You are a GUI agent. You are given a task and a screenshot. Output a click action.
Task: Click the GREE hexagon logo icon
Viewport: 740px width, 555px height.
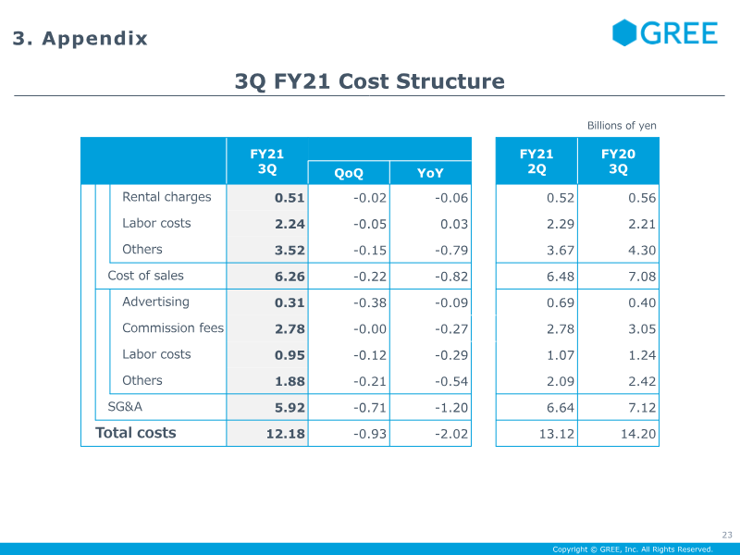tap(624, 32)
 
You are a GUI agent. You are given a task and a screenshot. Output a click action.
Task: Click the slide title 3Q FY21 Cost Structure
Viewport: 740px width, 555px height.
tap(369, 81)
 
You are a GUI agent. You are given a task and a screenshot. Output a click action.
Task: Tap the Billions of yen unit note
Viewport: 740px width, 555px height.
tap(622, 126)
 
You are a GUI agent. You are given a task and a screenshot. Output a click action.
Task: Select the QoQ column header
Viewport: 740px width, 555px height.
tap(349, 173)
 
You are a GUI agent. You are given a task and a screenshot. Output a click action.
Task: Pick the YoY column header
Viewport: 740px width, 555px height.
tap(430, 173)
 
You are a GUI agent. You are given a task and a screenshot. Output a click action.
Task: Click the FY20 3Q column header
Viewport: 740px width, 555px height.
tap(618, 161)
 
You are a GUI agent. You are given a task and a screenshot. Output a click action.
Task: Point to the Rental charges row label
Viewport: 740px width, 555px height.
tap(166, 197)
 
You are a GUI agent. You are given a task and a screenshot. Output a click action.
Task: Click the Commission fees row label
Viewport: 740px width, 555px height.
tap(173, 327)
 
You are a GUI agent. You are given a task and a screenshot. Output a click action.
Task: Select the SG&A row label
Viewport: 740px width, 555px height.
tap(125, 406)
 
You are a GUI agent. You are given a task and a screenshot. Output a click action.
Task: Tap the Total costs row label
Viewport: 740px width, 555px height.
tap(135, 433)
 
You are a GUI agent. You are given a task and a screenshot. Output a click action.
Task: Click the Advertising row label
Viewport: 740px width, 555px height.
tap(155, 302)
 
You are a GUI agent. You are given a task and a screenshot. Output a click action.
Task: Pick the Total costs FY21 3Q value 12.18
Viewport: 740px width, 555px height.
tap(286, 434)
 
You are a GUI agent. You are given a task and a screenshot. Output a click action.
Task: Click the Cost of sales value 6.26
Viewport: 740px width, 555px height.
tap(290, 277)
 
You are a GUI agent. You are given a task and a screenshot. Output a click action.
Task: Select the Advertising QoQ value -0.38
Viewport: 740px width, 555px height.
tap(370, 302)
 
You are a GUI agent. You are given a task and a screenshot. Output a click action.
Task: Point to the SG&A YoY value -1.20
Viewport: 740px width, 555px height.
tap(451, 408)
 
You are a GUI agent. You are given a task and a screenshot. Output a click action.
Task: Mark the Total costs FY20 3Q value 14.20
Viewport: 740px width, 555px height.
tap(638, 434)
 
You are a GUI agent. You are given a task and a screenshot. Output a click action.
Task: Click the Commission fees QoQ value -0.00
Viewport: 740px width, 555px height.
tap(370, 329)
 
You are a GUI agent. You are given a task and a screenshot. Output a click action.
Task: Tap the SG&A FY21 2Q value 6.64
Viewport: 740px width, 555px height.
tap(561, 408)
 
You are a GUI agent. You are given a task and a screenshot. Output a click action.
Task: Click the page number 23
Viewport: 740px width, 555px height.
tap(727, 535)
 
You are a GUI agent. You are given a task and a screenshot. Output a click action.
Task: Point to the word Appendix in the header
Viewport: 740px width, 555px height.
tap(95, 38)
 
